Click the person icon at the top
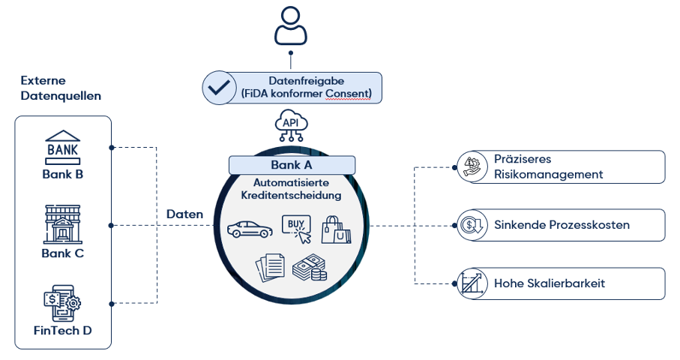291,26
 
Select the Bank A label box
292,165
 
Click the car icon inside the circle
248,229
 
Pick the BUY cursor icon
295,228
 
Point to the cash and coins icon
309,268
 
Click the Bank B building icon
62,148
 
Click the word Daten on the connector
184,214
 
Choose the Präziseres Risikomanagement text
548,166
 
